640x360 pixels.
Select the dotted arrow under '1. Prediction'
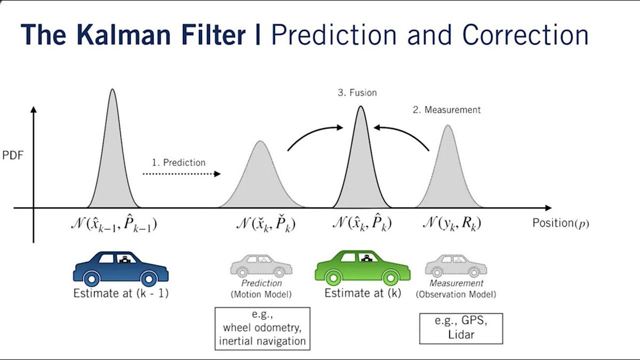[181, 174]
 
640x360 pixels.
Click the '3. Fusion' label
[357, 93]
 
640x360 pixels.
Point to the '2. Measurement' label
[446, 110]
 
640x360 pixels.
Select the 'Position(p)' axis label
[561, 223]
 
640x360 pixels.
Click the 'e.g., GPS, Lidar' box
[461, 328]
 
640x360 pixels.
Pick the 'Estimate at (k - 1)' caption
[121, 293]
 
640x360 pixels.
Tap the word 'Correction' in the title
[525, 35]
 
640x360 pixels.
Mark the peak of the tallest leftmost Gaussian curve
[113, 90]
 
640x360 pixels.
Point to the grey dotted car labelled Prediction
[261, 266]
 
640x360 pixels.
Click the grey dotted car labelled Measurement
[455, 266]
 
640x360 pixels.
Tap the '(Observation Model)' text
[456, 294]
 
